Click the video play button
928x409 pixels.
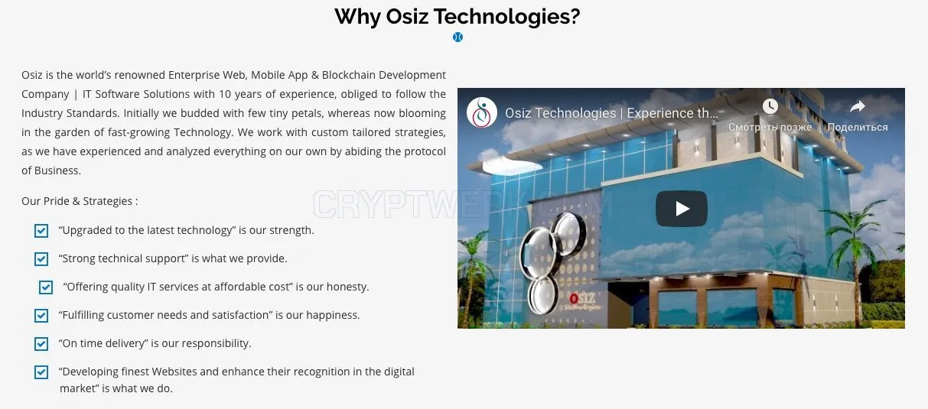coord(681,208)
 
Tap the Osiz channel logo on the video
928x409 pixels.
coord(481,112)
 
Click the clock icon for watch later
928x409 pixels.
coord(770,106)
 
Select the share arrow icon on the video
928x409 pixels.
coord(857,106)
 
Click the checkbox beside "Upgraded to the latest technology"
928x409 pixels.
coord(41,231)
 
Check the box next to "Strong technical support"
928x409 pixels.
coord(41,258)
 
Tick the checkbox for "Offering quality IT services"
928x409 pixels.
coord(46,287)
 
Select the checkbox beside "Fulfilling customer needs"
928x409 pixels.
coord(41,316)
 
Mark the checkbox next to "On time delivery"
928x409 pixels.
coord(41,343)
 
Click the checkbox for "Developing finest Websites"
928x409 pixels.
coord(41,372)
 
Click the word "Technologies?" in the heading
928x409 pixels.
coord(506,18)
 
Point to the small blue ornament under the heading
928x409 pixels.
coord(457,37)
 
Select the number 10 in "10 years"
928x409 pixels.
coord(225,94)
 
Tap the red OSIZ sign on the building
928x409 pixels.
coord(582,298)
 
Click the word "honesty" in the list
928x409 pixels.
coord(347,287)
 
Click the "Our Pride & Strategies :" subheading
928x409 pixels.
coord(80,201)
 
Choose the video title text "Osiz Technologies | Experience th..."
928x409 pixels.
coord(611,113)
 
